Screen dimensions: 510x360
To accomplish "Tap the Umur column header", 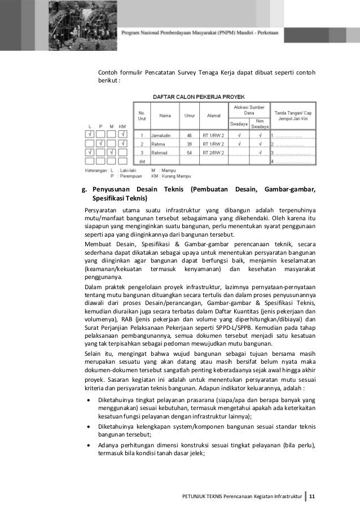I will (190, 116).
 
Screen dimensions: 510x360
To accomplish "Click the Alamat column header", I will (213, 116).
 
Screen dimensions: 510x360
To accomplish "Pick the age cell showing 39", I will (190, 144).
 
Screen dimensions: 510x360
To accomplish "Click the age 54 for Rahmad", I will (190, 152).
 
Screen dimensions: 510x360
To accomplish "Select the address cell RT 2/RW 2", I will (214, 152).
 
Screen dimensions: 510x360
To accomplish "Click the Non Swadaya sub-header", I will (259, 123).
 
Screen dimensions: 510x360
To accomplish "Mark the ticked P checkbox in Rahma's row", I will (102, 143).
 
